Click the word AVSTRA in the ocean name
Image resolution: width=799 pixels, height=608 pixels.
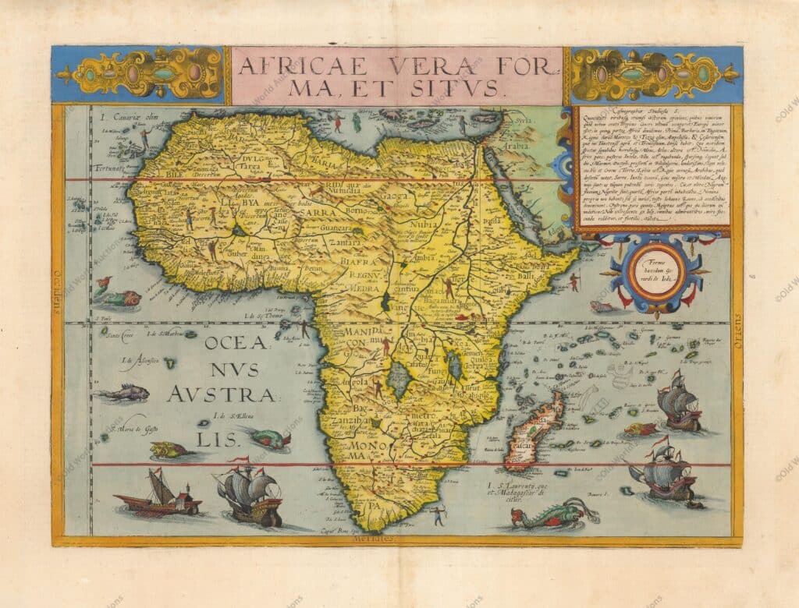[x=222, y=394]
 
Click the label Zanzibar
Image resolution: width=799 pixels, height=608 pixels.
[x=353, y=419]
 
